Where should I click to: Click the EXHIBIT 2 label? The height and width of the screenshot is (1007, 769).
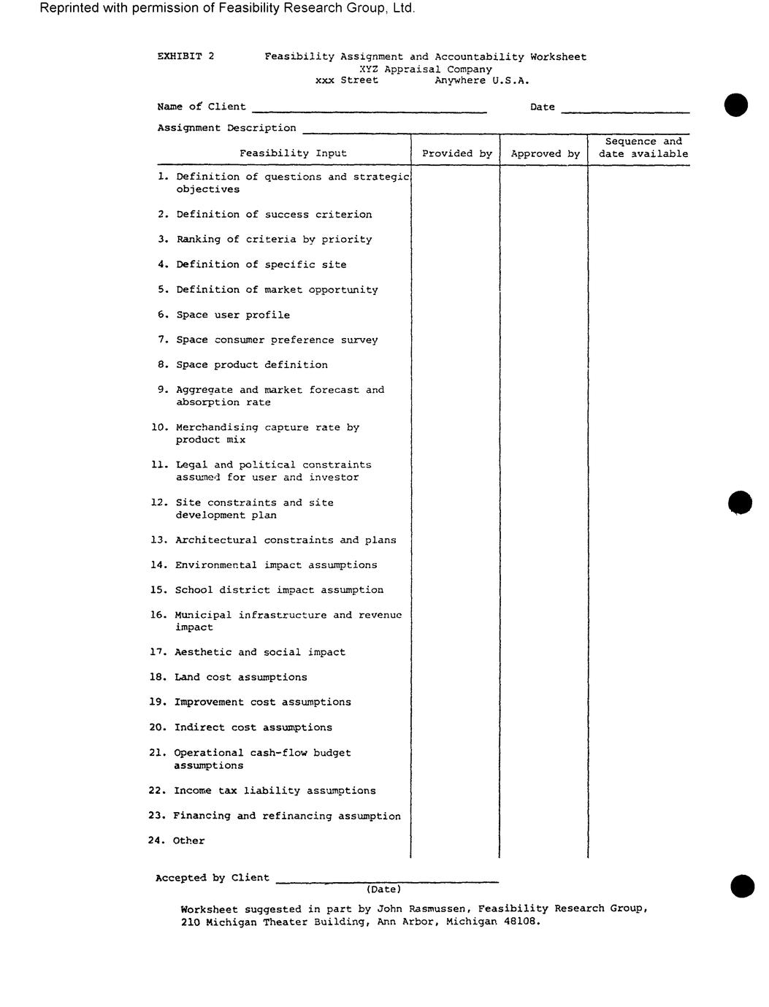coord(185,56)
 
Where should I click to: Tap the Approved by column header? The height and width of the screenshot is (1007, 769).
coord(545,153)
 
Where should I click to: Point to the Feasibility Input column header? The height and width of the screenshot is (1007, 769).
coord(293,153)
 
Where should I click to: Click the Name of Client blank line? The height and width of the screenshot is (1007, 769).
coord(369,111)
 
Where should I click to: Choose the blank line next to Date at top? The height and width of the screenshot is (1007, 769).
coord(625,111)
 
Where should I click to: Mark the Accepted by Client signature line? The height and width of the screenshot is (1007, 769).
coord(386,881)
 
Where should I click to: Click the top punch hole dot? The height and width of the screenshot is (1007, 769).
coord(736,105)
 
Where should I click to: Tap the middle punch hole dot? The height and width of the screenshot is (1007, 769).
coord(740,502)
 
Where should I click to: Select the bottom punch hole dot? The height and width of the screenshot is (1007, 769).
coord(742,886)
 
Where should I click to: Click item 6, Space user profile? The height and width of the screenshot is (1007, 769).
coord(232,315)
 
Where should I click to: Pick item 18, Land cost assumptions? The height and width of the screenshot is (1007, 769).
coord(240,677)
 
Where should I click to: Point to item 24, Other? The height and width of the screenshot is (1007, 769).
coord(188,841)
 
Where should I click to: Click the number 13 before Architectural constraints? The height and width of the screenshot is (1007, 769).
coord(159,540)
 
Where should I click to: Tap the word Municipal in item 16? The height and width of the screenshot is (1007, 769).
coord(203,615)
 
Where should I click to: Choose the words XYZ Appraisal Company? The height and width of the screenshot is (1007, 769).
coord(426,69)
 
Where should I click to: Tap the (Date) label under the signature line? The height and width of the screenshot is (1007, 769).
coord(383,889)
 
